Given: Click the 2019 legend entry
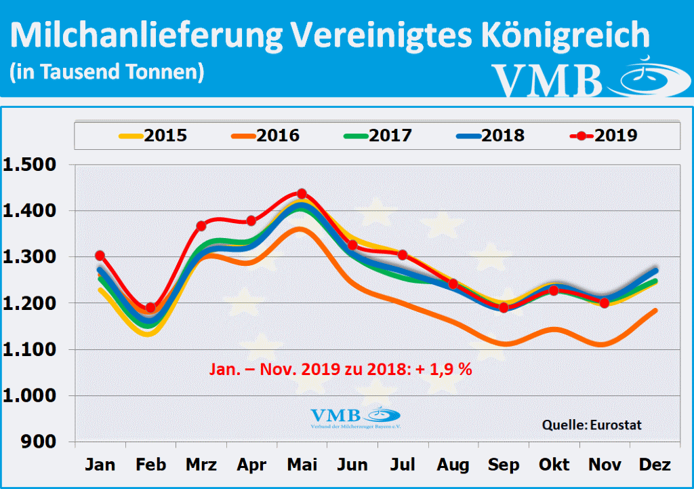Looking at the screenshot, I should pos(603,135).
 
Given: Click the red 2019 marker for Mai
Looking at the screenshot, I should pos(302,194).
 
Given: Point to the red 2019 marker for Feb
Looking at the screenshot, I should pos(150,308).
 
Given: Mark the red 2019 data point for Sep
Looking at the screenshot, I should pos(504,307).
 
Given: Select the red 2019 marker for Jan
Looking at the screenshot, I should pos(100,256).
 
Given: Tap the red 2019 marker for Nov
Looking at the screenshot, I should pos(604,302).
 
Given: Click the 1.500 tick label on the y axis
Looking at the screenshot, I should pos(32,165).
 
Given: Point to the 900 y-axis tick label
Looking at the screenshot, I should pos(43,442).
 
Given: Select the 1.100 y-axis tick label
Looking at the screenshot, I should pos(32,350).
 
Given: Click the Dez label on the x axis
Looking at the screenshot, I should pos(654,465).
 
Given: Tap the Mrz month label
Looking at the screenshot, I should pos(201,465).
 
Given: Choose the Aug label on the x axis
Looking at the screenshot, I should pos(453,465).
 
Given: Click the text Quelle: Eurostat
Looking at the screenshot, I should pos(592,425).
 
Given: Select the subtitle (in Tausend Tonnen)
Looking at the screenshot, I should pos(107,71).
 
